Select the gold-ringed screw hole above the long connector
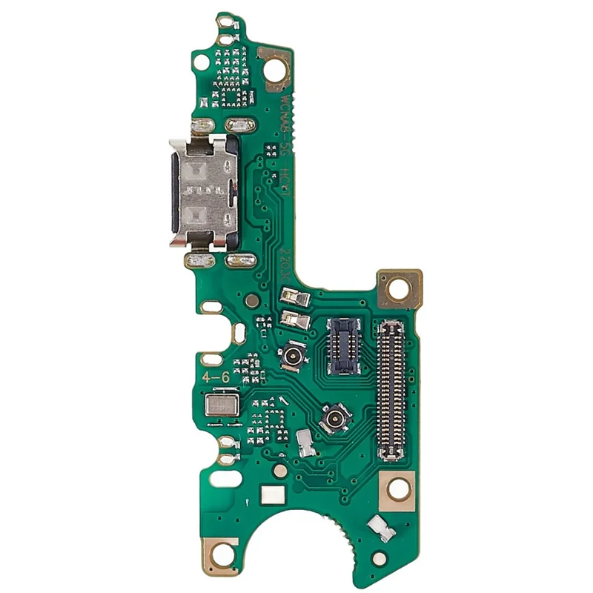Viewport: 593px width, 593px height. click(x=399, y=289)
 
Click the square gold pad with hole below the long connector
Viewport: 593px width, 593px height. click(x=398, y=488)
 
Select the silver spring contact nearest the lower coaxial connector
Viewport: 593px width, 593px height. click(x=305, y=442)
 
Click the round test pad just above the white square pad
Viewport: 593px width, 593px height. click(x=279, y=470)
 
